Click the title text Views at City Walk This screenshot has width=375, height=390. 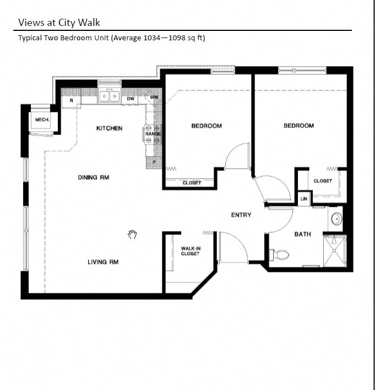[59, 22]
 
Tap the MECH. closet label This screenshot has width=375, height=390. [42, 120]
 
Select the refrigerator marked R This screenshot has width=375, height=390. [71, 101]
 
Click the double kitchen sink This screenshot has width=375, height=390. [109, 96]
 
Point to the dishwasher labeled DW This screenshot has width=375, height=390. [131, 99]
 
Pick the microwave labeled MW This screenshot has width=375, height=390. [155, 98]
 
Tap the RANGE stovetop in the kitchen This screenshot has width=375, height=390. [153, 137]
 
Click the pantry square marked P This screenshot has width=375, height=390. [154, 162]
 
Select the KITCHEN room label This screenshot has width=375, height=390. [109, 128]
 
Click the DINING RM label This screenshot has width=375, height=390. [93, 178]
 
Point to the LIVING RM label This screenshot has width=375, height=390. [103, 262]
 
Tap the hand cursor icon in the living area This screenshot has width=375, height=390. [132, 235]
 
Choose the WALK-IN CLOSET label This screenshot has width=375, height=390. [191, 251]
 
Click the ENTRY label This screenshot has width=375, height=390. [241, 215]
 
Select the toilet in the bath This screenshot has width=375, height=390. [280, 254]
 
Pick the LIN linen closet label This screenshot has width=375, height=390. [303, 199]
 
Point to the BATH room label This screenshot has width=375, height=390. [302, 234]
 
